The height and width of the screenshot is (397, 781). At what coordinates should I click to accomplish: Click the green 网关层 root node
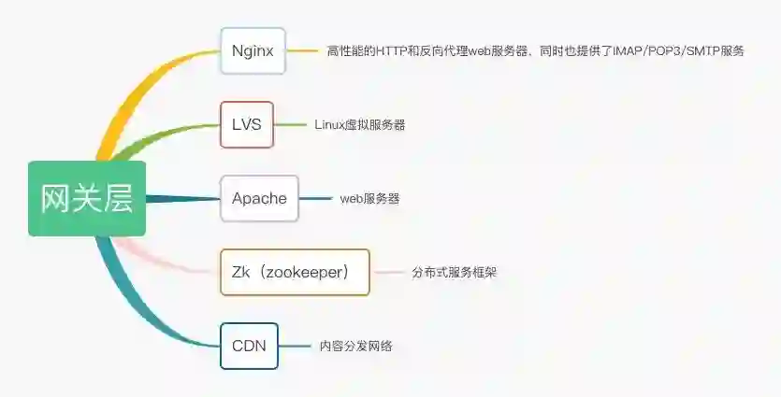point(87,199)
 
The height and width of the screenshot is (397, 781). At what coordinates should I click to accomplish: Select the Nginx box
point(253,50)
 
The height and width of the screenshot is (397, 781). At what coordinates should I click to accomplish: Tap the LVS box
point(247,124)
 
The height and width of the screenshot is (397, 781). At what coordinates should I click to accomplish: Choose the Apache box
point(259,198)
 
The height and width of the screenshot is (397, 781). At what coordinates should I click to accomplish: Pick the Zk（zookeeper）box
point(295,272)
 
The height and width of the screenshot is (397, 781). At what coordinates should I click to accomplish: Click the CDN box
point(249,346)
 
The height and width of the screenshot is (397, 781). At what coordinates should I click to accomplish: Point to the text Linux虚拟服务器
point(360,124)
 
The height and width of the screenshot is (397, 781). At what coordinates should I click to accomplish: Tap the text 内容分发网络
point(355,346)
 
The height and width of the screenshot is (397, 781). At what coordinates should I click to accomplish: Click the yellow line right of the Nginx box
point(301,50)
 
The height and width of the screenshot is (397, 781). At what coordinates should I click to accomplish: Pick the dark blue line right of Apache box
point(315,198)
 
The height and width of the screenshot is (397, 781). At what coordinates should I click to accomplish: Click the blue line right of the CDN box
point(295,346)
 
